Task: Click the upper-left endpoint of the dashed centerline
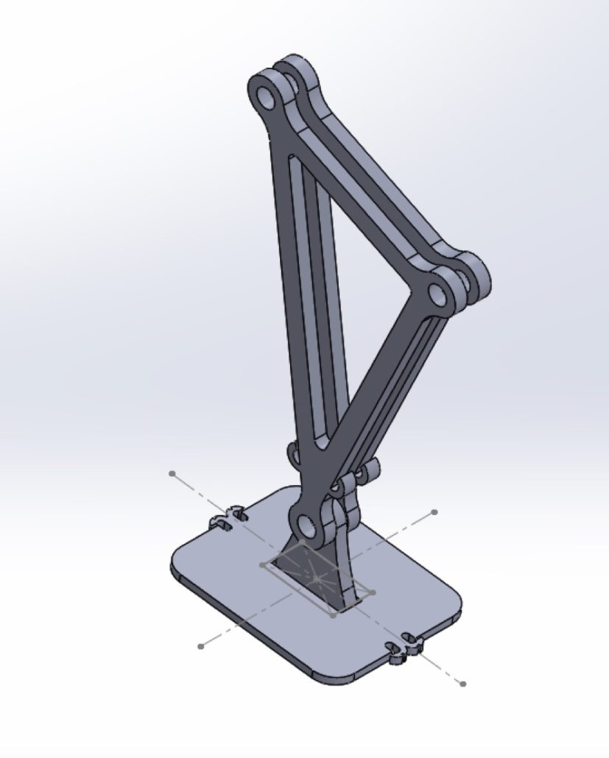[172, 473]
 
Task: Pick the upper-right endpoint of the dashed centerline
[434, 511]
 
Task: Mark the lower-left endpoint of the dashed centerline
[200, 646]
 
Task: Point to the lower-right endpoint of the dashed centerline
[462, 684]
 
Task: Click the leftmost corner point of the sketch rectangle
[263, 564]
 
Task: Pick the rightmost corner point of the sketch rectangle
[373, 592]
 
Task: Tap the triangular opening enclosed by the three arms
[361, 294]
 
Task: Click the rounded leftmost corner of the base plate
[177, 563]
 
